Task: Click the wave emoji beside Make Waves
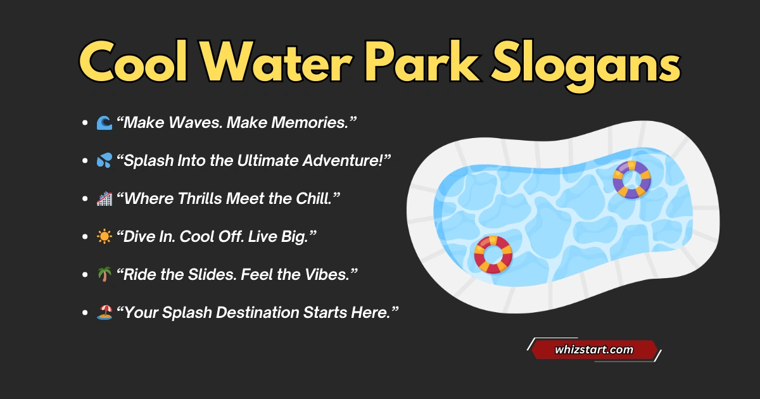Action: pos(104,122)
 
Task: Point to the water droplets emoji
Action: pos(104,160)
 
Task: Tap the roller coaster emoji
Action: pos(104,198)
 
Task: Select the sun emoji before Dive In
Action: pos(104,236)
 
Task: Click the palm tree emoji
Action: pos(104,274)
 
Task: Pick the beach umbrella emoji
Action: pos(104,312)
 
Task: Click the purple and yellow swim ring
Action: pos(631,179)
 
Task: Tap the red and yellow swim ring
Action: pos(493,254)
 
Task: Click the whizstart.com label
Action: pos(593,349)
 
